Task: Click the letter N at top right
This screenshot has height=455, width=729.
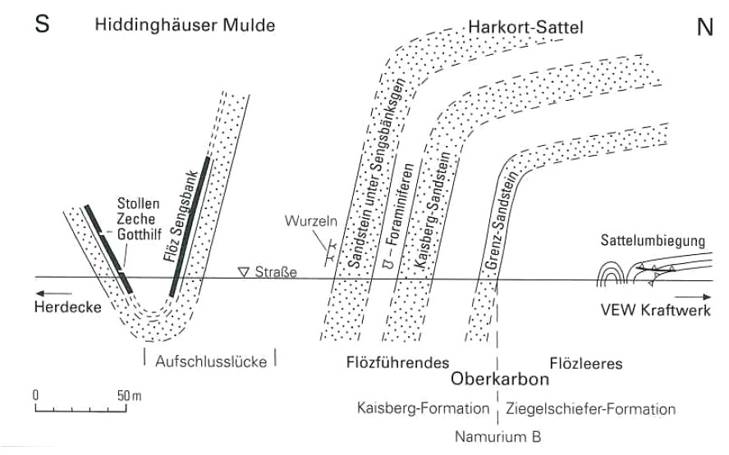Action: [704, 27]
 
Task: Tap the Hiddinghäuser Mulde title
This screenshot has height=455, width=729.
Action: [185, 26]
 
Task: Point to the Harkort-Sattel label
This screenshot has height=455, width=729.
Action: [525, 27]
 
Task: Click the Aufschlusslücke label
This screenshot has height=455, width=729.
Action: [209, 362]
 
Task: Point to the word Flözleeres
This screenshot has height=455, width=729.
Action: [586, 362]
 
